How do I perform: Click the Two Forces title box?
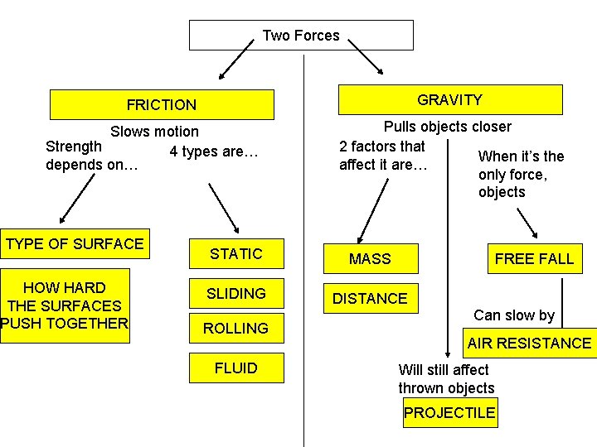click(301, 36)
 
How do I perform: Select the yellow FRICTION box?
click(162, 105)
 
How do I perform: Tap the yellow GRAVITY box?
click(449, 100)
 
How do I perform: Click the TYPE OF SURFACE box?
click(75, 244)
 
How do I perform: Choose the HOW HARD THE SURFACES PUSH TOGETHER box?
click(65, 305)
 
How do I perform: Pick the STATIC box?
click(235, 254)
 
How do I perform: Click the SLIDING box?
click(235, 294)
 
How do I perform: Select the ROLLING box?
click(235, 329)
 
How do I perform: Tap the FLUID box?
click(235, 368)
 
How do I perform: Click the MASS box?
click(370, 259)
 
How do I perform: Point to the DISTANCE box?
click(370, 299)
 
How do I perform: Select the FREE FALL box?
click(533, 259)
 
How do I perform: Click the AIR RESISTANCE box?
click(528, 343)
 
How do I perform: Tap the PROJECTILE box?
click(450, 413)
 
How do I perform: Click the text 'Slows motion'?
click(155, 132)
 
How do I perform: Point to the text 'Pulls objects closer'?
click(447, 127)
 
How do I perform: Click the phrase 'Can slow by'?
click(513, 315)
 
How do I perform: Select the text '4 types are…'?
click(214, 151)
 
